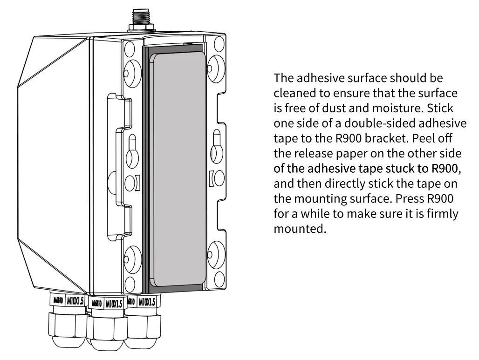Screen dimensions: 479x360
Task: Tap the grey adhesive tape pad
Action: click(180, 169)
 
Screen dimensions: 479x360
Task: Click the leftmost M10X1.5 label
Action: click(75, 301)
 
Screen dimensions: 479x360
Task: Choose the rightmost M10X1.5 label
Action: click(147, 302)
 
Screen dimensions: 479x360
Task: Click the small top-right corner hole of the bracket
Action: click(219, 44)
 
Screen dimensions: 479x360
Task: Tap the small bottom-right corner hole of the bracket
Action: click(219, 279)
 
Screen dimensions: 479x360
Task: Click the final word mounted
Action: click(300, 229)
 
